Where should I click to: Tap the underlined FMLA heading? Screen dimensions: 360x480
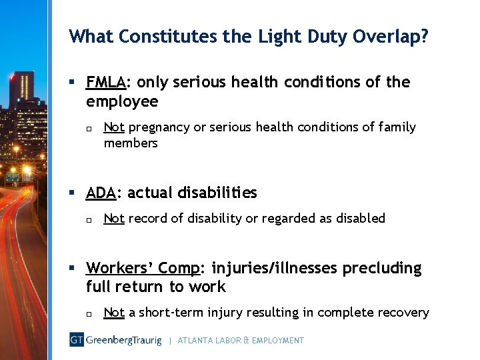tap(105, 83)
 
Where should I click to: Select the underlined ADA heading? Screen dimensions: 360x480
tap(100, 193)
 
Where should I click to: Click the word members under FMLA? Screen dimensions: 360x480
tap(131, 143)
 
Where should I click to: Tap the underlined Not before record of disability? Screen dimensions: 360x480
tap(114, 218)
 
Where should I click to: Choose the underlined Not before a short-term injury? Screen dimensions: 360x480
tap(114, 313)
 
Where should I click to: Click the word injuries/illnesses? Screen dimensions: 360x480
tap(275, 269)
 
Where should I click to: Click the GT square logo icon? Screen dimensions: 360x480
tap(77, 340)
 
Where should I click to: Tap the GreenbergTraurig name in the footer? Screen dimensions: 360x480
tap(123, 340)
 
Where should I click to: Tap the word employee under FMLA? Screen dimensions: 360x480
tap(122, 101)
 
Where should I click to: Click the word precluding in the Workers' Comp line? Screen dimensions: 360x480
tap(382, 269)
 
